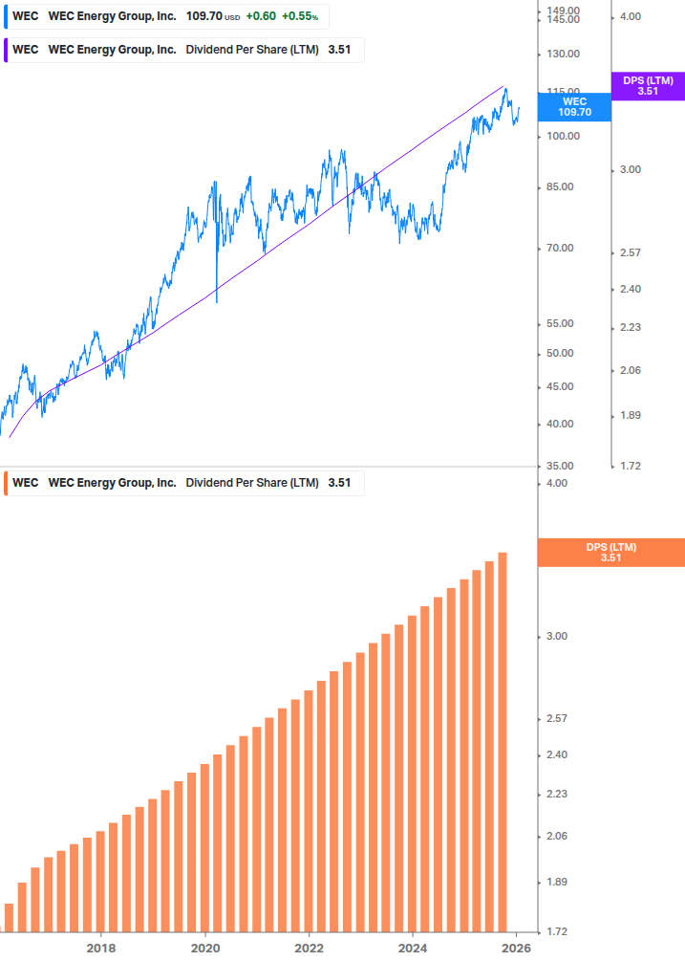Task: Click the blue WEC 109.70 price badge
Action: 574,106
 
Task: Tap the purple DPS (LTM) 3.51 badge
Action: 648,86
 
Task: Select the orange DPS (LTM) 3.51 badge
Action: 610,553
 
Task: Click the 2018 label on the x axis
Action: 101,948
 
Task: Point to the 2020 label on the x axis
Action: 205,948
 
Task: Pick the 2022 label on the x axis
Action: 309,948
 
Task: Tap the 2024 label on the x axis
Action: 413,948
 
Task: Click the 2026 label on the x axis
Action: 516,948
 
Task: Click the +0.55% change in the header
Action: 300,17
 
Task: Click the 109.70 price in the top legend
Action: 203,17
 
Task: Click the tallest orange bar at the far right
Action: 503,741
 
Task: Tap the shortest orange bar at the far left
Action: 9,917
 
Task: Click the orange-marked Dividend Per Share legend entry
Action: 182,483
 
